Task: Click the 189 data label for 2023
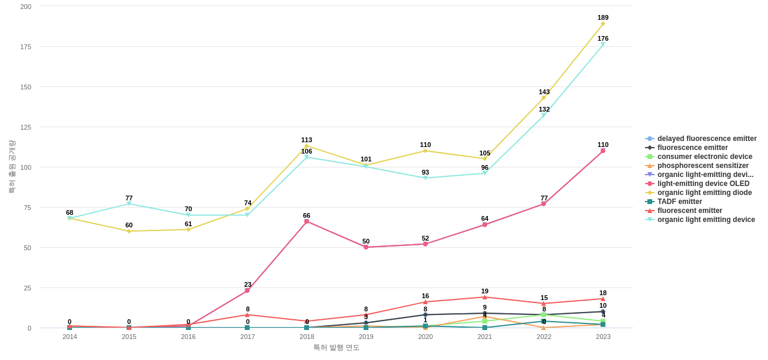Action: pos(603,17)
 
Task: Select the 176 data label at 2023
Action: pos(603,38)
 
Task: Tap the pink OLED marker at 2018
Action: pos(307,221)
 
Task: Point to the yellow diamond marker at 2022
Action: pos(544,98)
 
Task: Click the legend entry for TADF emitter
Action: pos(679,202)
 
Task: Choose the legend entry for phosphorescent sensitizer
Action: pos(703,166)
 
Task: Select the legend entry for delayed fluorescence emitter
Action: pos(707,139)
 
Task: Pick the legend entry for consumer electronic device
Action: pos(704,157)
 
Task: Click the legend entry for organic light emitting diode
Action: pos(704,193)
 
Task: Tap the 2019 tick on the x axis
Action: pos(366,337)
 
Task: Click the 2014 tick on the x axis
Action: pos(70,337)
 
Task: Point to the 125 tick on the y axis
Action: pos(26,127)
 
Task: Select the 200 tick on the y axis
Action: pos(26,7)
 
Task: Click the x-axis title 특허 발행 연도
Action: pos(337,347)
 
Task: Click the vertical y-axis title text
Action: pos(11,167)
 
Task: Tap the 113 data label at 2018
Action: pos(307,140)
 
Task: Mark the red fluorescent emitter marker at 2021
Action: pos(485,297)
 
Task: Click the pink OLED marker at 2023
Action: pos(603,151)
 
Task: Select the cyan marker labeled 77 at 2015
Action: pos(129,204)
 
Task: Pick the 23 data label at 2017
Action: pos(248,284)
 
